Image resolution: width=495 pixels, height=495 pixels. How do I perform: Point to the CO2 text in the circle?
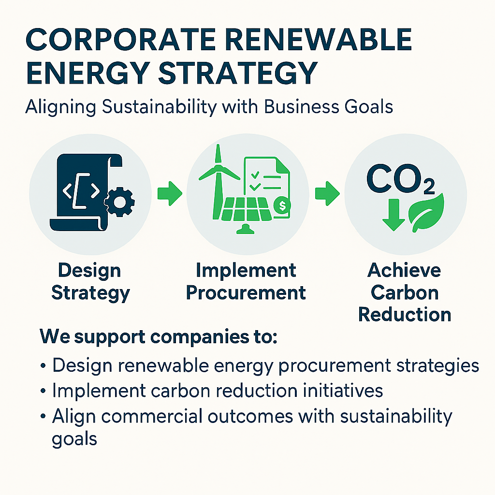[400, 179]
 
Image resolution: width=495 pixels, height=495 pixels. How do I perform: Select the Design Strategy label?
[90, 281]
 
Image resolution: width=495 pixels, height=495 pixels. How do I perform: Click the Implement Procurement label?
[246, 281]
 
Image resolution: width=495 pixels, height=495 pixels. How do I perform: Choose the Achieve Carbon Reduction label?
[404, 292]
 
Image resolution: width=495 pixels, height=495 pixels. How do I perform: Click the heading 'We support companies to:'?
[159, 336]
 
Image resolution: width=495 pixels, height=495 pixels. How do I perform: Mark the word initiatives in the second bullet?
[337, 391]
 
